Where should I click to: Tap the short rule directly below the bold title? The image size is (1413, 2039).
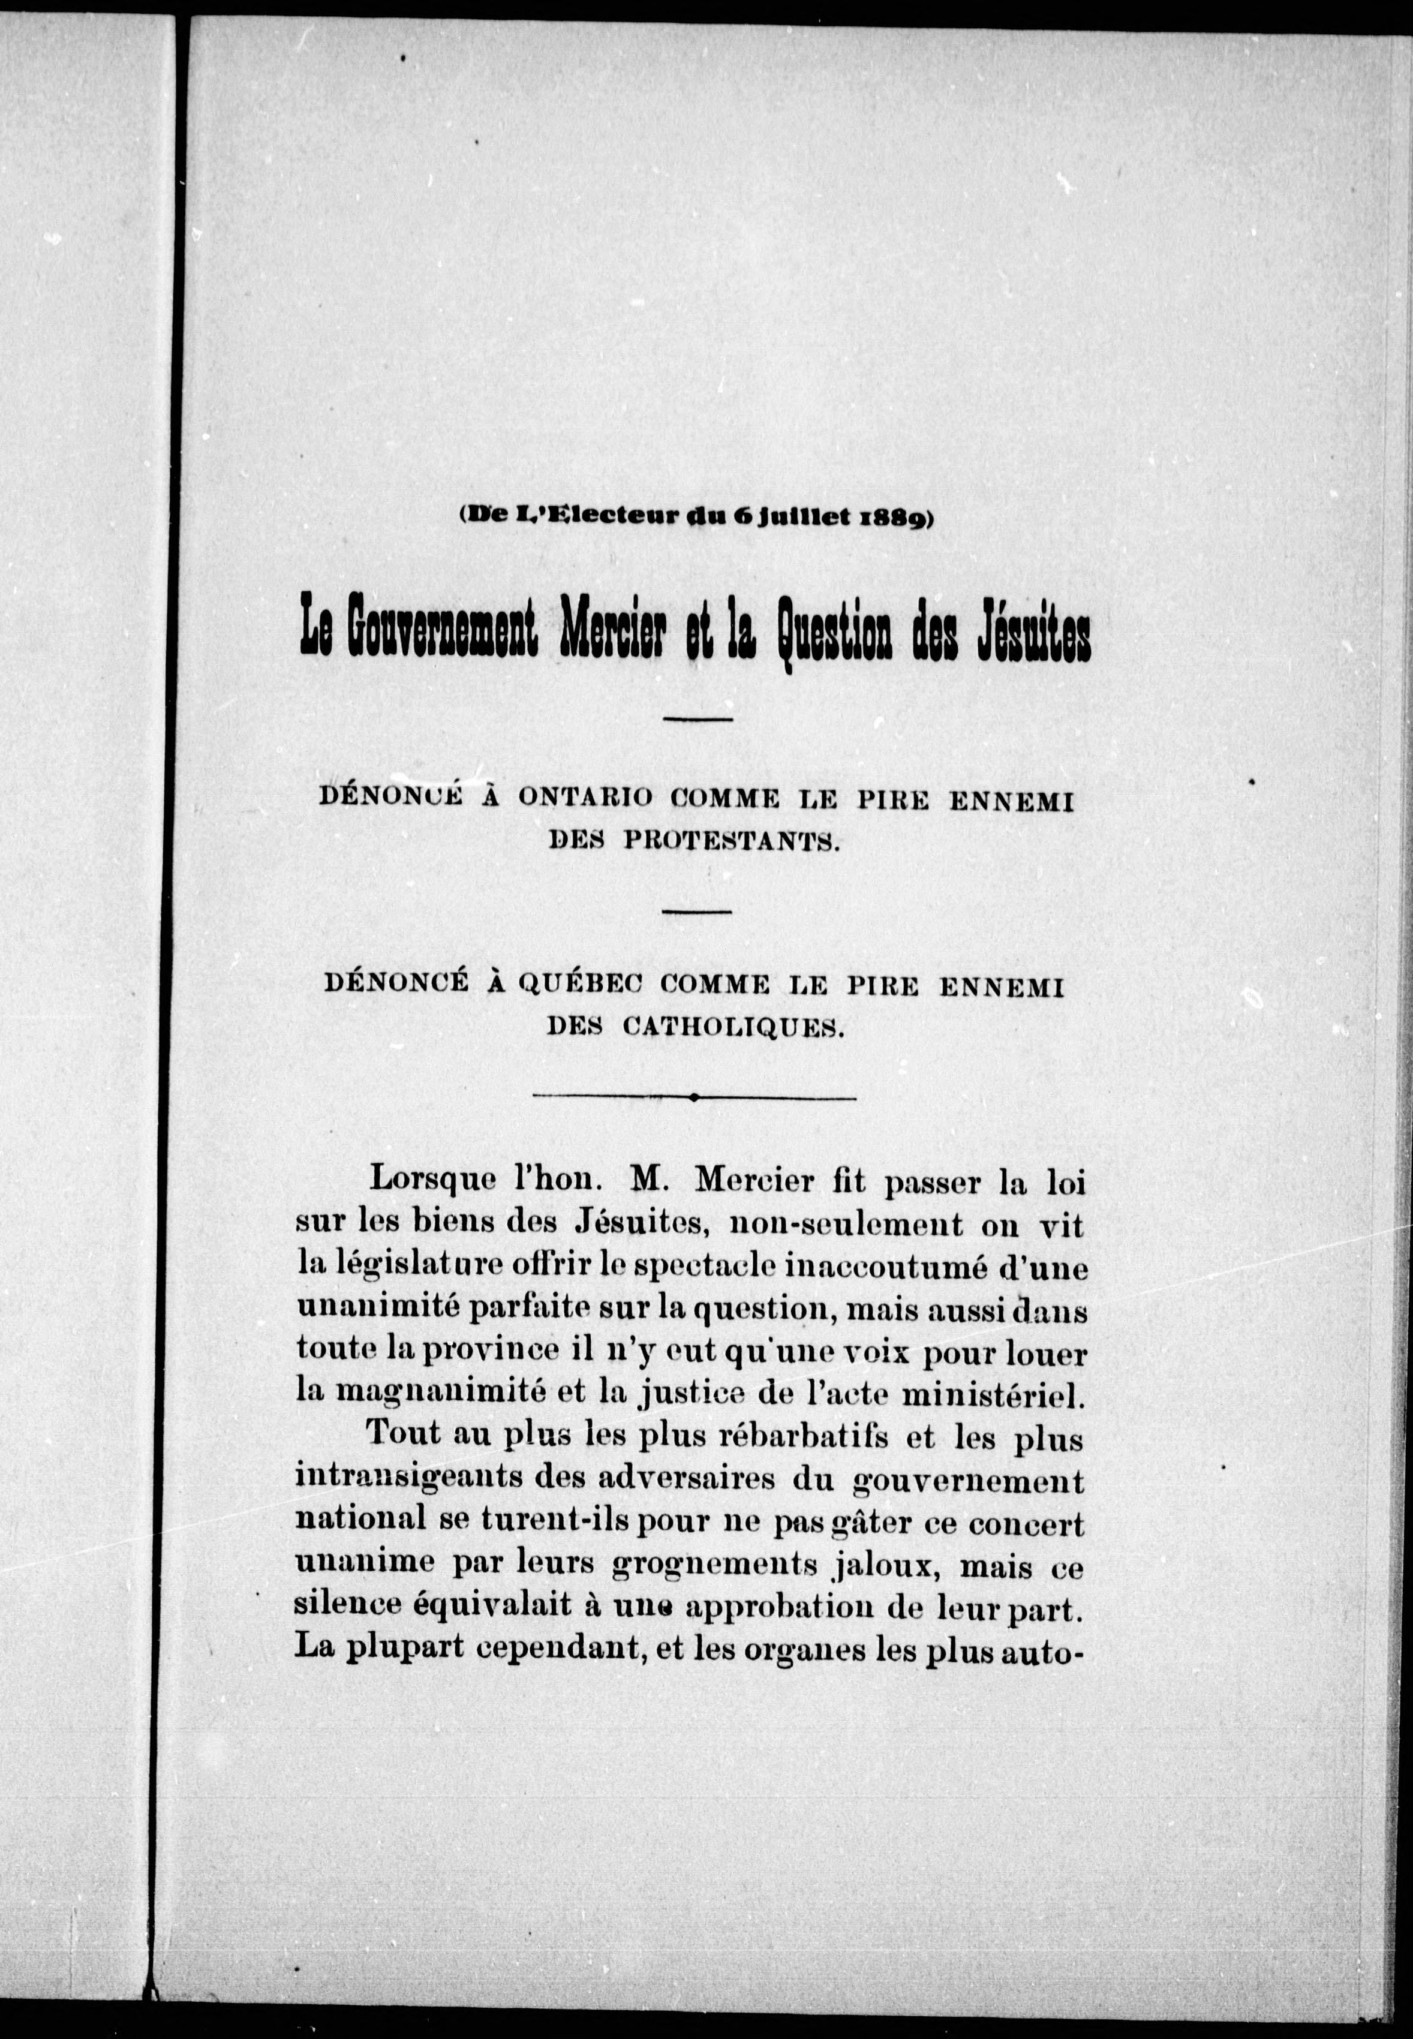click(698, 719)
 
